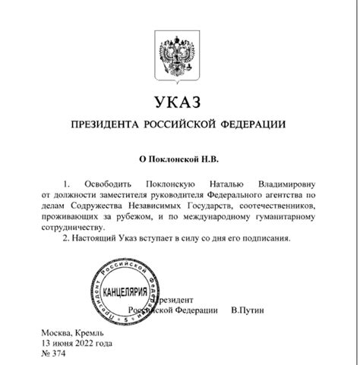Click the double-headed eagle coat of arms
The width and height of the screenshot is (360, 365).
(179, 54)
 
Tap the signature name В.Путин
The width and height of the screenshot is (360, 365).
(248, 310)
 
